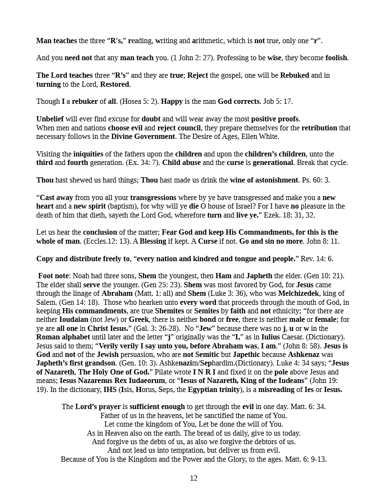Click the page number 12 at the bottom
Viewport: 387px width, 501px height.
point(193,478)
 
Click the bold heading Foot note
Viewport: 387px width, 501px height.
point(54,276)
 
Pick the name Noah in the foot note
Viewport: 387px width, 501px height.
point(82,276)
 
